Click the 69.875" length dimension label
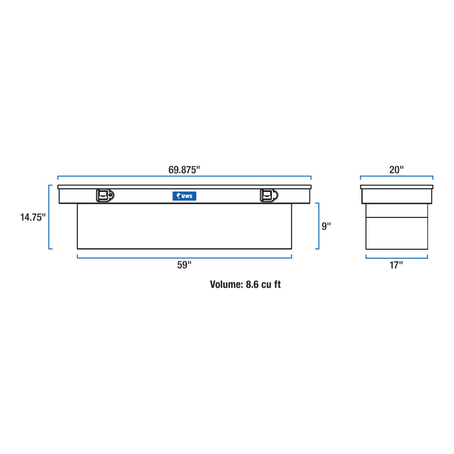[184, 170]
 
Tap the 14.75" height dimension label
[32, 217]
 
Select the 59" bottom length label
[184, 265]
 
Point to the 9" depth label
[326, 226]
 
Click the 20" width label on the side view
[396, 170]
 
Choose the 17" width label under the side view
[396, 265]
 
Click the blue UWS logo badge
[184, 196]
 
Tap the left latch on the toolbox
[105, 195]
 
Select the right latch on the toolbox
[269, 195]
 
